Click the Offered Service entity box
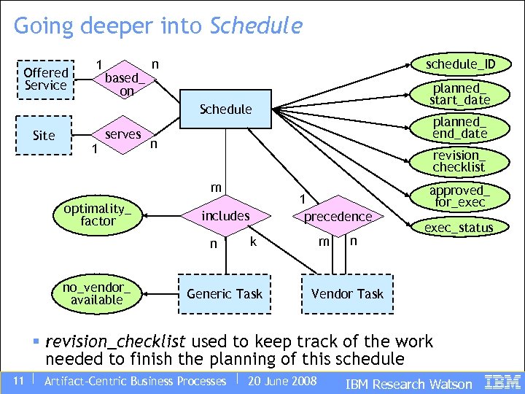pyautogui.click(x=45, y=79)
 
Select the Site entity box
pyautogui.click(x=44, y=136)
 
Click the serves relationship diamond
pyautogui.click(x=122, y=135)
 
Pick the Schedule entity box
pyautogui.click(x=225, y=109)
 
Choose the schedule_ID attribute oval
pyautogui.click(x=461, y=64)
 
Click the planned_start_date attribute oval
pyautogui.click(x=459, y=93)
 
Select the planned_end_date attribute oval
pyautogui.click(x=459, y=127)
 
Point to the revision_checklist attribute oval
pyautogui.click(x=459, y=161)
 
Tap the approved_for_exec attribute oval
pyautogui.click(x=459, y=196)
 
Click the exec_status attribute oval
pyautogui.click(x=459, y=228)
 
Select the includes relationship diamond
pyautogui.click(x=225, y=216)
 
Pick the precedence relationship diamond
pyautogui.click(x=338, y=217)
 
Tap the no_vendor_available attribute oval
pyautogui.click(x=97, y=293)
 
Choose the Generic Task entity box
pyautogui.click(x=225, y=294)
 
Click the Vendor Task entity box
pyautogui.click(x=347, y=294)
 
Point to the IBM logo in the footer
pyautogui.click(x=502, y=382)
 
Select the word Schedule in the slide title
pyautogui.click(x=255, y=26)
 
